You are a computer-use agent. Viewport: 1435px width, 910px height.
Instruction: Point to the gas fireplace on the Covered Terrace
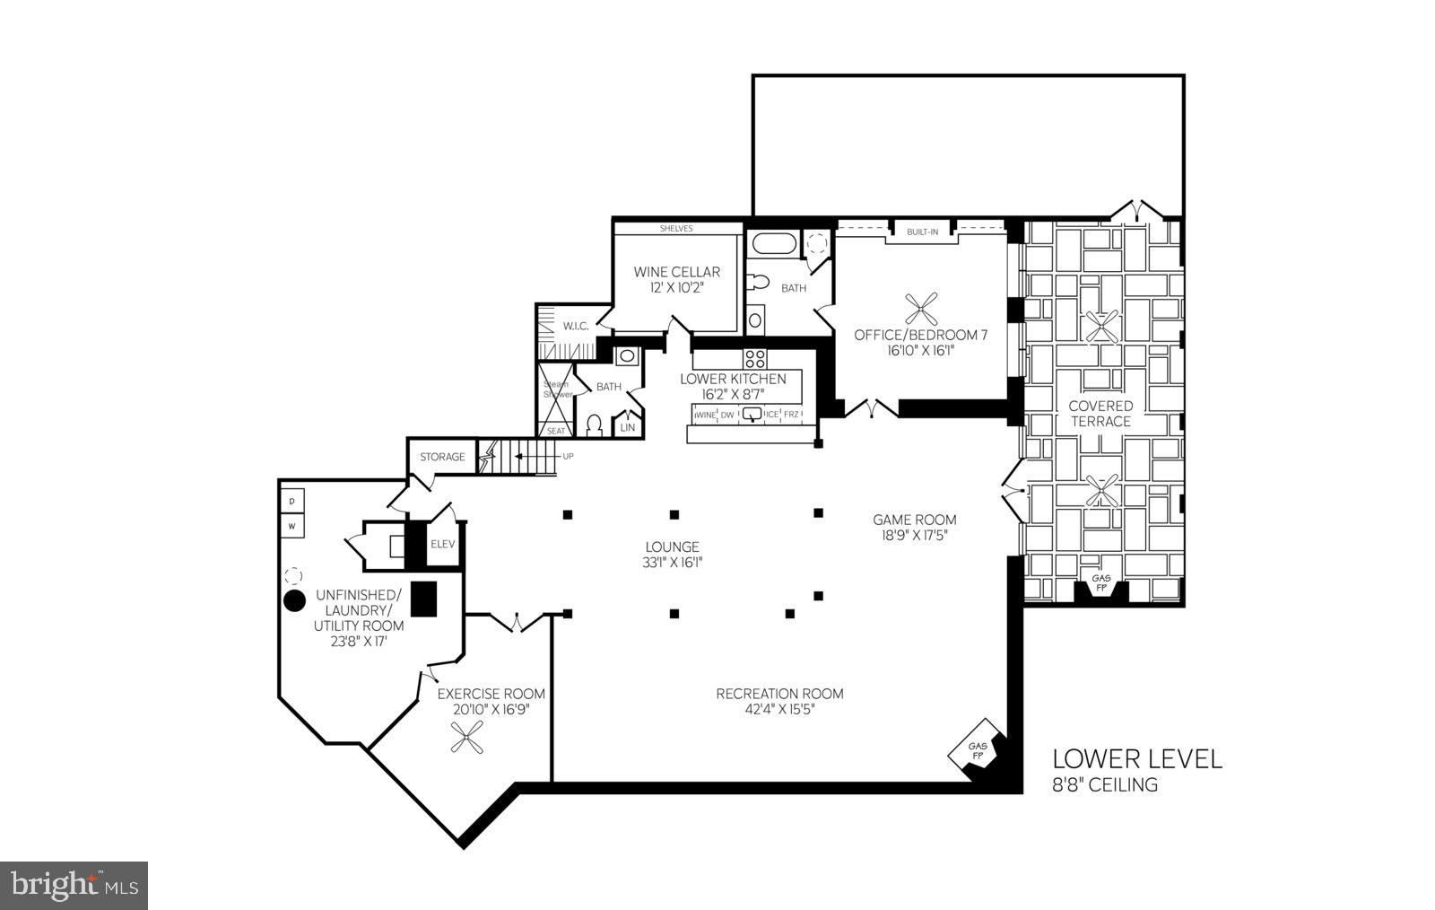tap(1100, 584)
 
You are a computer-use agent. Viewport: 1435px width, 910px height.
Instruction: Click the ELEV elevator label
tap(442, 544)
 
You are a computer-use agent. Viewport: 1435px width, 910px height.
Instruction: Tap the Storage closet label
tap(442, 457)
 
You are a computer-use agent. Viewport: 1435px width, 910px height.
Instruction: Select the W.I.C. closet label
tap(575, 326)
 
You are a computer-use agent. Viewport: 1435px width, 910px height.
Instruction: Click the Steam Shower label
tap(556, 389)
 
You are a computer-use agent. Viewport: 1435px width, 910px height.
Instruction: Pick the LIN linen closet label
tap(627, 427)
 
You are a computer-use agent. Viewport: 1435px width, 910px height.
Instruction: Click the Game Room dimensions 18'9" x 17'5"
tap(915, 535)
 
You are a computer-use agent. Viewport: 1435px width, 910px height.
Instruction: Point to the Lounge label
tap(672, 547)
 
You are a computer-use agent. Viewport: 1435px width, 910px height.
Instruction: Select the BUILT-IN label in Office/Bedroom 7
tap(922, 232)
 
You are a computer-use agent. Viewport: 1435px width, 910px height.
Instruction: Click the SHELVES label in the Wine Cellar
tap(676, 228)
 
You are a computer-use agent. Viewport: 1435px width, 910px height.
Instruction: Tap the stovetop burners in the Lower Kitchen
tap(755, 359)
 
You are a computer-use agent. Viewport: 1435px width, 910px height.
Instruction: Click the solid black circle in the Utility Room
tap(292, 601)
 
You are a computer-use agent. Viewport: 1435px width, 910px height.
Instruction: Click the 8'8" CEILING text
tap(1104, 785)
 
